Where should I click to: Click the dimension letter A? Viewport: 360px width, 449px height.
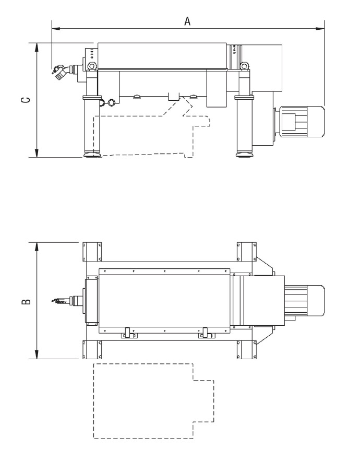tap(187, 21)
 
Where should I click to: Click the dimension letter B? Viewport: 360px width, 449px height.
tap(26, 302)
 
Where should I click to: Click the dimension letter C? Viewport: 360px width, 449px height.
tap(26, 100)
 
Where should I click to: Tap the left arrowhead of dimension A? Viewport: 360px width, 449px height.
tap(56, 29)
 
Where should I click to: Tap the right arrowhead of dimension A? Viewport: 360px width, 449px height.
tap(320, 29)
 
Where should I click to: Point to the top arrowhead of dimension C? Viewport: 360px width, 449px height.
tap(37, 47)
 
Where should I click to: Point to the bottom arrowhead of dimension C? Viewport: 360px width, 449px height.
tap(37, 153)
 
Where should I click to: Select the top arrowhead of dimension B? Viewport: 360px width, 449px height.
tap(37, 246)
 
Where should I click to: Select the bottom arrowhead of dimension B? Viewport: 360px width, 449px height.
tap(37, 355)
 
